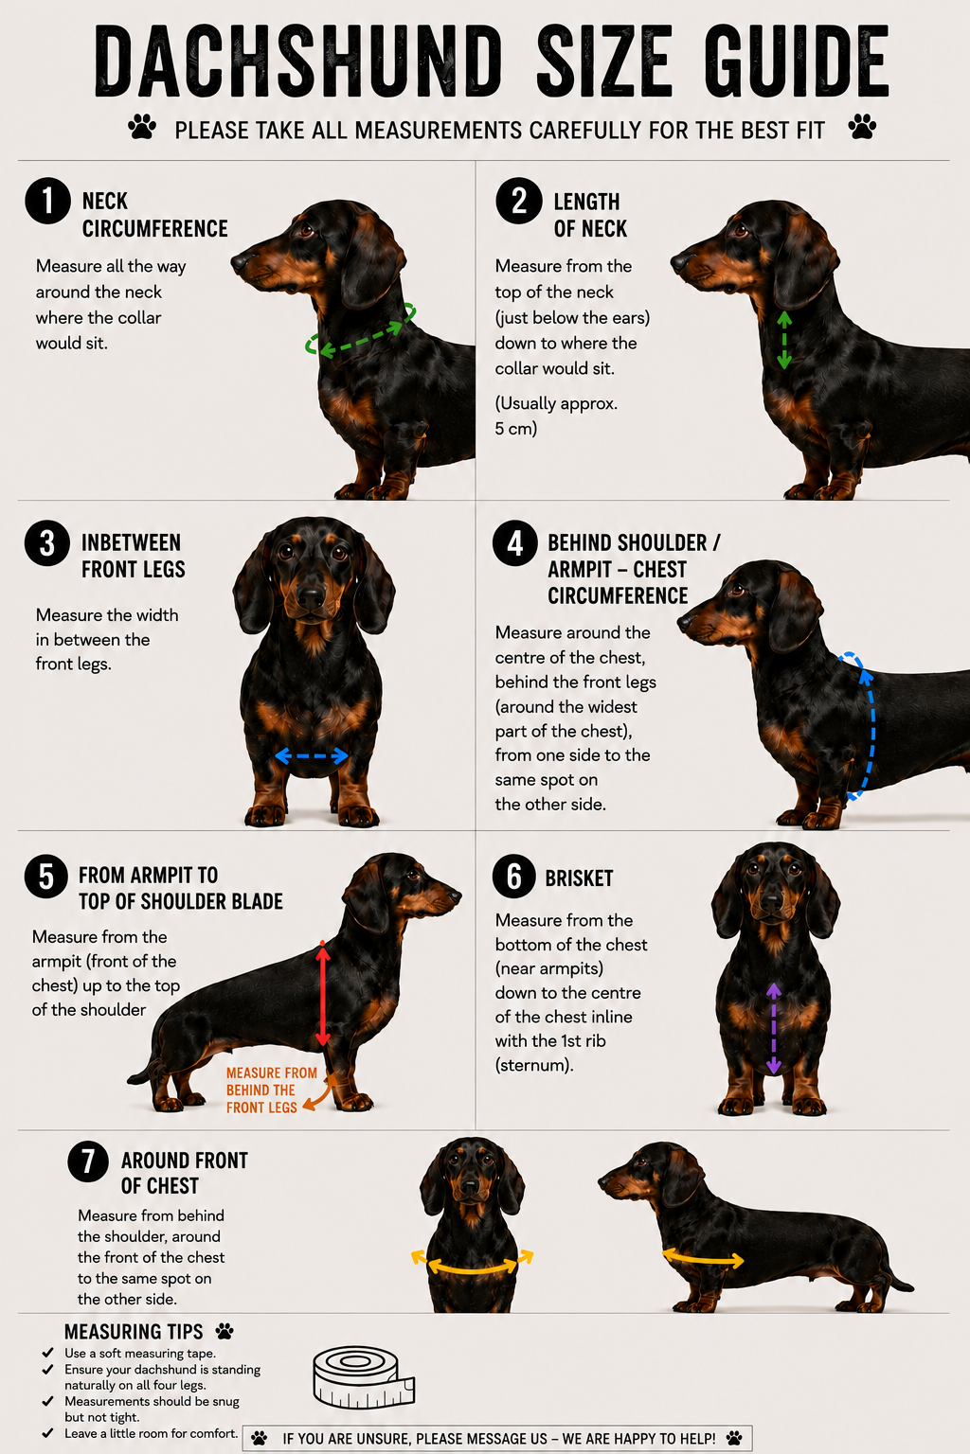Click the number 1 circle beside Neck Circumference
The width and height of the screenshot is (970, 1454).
point(47,201)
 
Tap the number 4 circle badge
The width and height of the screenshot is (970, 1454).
point(514,542)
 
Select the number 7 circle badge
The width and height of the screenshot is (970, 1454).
point(88,1161)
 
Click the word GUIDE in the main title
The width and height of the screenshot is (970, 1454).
point(797,62)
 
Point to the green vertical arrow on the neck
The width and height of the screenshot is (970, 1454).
point(784,340)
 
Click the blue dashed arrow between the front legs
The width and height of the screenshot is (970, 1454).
point(312,755)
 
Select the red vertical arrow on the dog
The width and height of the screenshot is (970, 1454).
point(323,994)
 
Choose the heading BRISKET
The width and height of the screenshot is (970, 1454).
point(579,878)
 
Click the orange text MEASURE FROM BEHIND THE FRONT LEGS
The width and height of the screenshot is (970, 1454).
point(272,1090)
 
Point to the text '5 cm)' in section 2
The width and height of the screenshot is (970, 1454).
point(516,429)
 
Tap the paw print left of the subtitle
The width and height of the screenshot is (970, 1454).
point(142,127)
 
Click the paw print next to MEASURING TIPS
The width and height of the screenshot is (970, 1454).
point(225,1331)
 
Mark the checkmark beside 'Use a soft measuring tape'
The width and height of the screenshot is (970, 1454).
point(47,1353)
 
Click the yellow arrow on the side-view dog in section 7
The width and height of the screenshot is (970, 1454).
point(703,1258)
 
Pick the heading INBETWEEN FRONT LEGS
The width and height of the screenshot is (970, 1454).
point(134,557)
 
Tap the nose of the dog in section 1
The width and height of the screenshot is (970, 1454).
point(239,262)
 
